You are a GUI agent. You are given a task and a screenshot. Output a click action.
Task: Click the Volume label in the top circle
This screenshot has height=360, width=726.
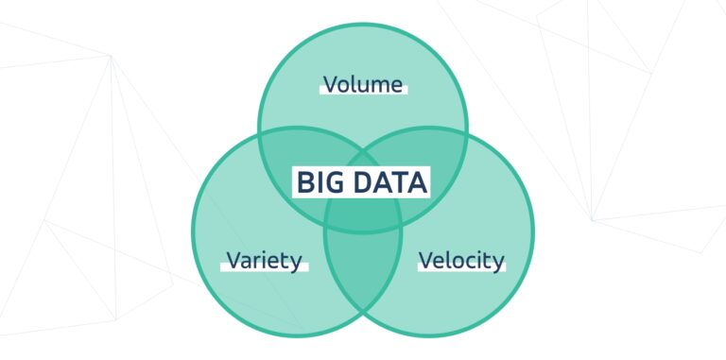pyautogui.click(x=363, y=84)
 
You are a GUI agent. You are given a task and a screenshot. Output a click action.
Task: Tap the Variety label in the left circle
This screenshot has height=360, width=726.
pyautogui.click(x=264, y=260)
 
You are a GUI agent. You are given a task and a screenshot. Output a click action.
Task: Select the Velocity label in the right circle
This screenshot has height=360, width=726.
pyautogui.click(x=461, y=260)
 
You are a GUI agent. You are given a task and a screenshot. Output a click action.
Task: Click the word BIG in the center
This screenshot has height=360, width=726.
pyautogui.click(x=319, y=181)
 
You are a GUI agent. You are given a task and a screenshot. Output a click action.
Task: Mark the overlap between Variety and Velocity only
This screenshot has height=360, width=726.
pyautogui.click(x=363, y=279)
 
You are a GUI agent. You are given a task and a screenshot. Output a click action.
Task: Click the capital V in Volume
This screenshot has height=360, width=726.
pyautogui.click(x=330, y=84)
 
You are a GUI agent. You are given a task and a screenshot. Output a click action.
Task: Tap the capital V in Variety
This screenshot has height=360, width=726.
pyautogui.click(x=233, y=260)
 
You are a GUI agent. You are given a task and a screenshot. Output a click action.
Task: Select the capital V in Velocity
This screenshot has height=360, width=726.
pyautogui.click(x=425, y=260)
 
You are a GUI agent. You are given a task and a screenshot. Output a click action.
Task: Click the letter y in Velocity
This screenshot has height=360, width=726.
pyautogui.click(x=498, y=263)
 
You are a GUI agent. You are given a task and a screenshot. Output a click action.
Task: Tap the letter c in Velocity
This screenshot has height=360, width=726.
pyautogui.click(x=469, y=262)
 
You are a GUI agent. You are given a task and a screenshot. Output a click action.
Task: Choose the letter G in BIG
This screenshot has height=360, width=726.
pyautogui.click(x=333, y=181)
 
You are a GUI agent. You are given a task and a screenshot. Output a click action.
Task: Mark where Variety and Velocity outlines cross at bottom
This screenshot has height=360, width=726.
pyautogui.click(x=363, y=328)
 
